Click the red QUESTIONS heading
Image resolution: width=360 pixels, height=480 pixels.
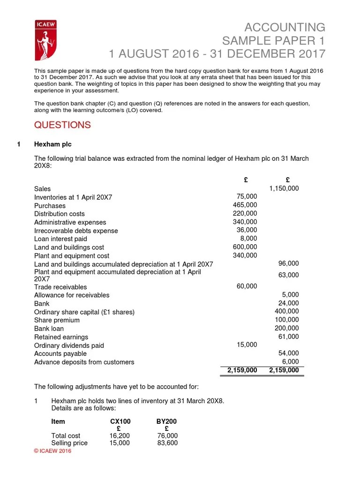pos(62,125)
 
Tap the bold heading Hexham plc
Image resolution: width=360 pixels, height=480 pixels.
pos(52,144)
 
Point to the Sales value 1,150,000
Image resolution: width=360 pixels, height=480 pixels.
pos(284,188)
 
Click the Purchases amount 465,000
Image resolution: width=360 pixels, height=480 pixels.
pos(245,205)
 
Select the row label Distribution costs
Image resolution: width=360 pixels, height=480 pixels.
pos(60,214)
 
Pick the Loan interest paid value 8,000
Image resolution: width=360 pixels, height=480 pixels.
pos(248,239)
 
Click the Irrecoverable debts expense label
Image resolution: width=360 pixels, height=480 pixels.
pos(76,231)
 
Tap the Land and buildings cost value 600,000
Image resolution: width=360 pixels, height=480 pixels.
pos(245,247)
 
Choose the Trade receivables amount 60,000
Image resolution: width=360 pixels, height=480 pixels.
pos(247,286)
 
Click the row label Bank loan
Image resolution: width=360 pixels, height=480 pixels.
pos(49,329)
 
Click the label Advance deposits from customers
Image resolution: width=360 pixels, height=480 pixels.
pos(84,362)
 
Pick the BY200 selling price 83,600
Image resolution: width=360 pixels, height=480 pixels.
pos(167,442)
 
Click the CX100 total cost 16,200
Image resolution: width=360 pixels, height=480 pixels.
pos(120,435)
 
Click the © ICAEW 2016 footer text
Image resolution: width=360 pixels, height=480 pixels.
pos(53,451)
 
